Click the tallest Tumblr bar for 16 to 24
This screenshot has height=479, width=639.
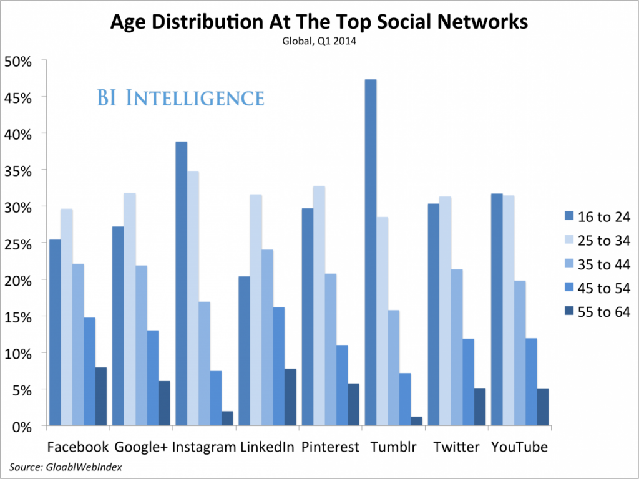[371, 253]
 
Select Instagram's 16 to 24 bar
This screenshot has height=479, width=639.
[181, 284]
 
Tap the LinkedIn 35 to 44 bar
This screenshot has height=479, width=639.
[266, 337]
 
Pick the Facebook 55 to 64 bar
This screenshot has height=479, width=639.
[100, 397]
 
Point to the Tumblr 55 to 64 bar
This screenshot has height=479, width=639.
[416, 421]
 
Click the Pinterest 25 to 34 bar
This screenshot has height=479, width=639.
[318, 306]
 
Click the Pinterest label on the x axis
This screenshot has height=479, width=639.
[330, 447]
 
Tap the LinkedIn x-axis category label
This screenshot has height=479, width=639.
[266, 447]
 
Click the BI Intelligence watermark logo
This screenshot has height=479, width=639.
[180, 99]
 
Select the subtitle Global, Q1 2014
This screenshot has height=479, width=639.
[319, 41]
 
